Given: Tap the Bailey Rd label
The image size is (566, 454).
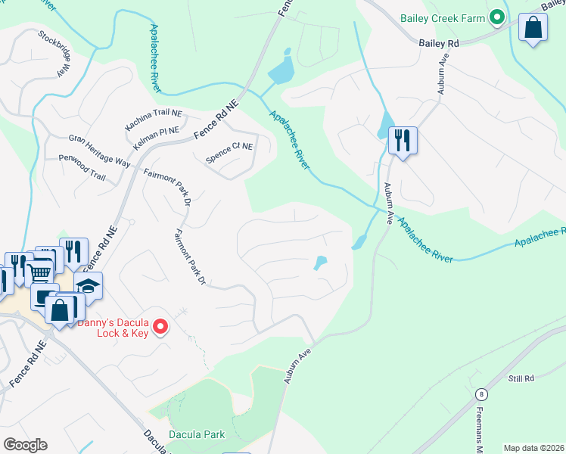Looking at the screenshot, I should click(439, 44).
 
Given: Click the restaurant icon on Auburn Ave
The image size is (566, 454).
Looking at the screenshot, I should click(402, 141).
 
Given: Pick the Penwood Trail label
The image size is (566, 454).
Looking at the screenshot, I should click(82, 168).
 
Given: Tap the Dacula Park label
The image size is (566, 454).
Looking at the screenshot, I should click(197, 434).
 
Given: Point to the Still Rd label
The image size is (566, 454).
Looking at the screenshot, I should click(521, 378).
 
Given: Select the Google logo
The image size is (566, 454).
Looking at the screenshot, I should click(25, 445).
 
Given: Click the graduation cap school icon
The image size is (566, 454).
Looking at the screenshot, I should click(89, 285).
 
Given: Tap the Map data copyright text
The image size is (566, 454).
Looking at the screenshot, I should click(533, 448).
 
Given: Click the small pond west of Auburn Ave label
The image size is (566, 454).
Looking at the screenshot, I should click(320, 263).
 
